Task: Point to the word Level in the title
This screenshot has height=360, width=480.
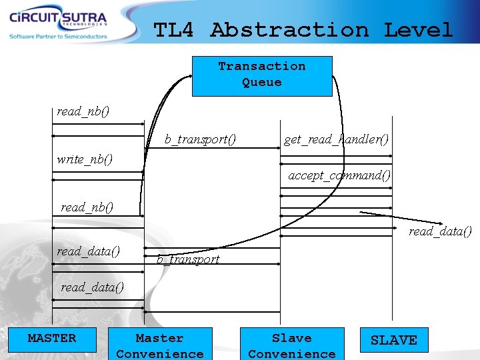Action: coord(418,30)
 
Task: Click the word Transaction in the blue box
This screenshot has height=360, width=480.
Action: coord(262,66)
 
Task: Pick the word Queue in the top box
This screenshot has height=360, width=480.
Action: coord(262,82)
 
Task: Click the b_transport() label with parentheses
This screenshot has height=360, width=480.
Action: coord(201,139)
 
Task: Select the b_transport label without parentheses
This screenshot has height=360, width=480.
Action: coord(188,259)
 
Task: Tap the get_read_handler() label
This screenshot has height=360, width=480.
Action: coord(336,139)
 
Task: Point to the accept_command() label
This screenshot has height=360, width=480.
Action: coord(339,175)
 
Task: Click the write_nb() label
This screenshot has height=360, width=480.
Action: coord(85,159)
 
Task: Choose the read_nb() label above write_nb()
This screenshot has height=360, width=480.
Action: coord(83,111)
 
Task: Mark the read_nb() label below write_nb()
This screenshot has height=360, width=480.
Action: coord(87,207)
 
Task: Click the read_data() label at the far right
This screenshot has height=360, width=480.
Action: coord(440,231)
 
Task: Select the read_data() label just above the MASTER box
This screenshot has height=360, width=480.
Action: coord(92,287)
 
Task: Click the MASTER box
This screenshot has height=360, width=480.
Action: coord(52,339)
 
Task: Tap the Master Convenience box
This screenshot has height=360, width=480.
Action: coord(159,344)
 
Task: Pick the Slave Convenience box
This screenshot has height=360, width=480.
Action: coord(292,344)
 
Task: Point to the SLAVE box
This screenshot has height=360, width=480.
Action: coord(393,340)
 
